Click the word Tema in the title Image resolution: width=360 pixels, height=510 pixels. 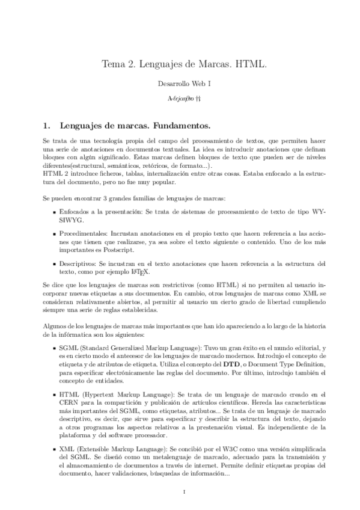tap(113, 64)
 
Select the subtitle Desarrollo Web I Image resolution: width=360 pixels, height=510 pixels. tap(180, 85)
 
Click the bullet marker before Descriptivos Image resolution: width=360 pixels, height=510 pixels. tap(53, 263)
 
